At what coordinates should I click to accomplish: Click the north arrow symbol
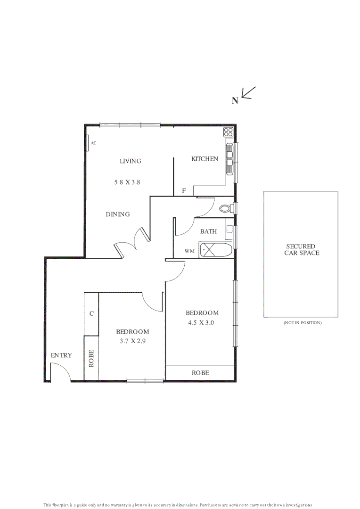click(x=248, y=93)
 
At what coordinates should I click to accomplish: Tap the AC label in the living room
click(x=93, y=142)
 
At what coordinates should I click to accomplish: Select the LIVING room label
click(x=130, y=161)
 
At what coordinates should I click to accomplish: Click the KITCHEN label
click(x=205, y=159)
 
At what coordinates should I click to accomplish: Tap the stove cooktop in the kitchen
click(x=229, y=132)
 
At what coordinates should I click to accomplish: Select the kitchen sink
click(x=229, y=158)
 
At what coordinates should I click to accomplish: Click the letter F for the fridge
click(x=184, y=191)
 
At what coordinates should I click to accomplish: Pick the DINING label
click(x=117, y=214)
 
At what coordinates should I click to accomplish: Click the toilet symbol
click(x=226, y=208)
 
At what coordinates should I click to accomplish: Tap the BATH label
click(x=208, y=231)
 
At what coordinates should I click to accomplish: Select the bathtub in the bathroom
click(x=216, y=250)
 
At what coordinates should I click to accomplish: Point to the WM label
click(x=189, y=251)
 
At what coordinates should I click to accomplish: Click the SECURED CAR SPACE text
click(x=301, y=249)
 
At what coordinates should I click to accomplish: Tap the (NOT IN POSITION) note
click(x=302, y=323)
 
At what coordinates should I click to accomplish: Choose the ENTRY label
click(x=61, y=355)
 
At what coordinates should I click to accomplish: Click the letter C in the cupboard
click(x=91, y=313)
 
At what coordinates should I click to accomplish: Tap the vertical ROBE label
click(x=91, y=358)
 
